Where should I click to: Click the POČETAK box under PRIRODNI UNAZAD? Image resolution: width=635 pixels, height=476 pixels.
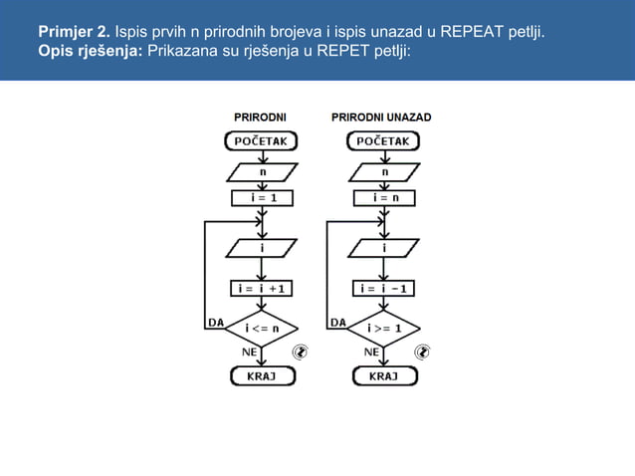[383, 141]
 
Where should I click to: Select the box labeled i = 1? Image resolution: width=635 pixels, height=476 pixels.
[261, 197]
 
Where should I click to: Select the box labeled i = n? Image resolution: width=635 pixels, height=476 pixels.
[384, 197]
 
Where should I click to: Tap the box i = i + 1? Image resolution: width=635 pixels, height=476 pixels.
[261, 289]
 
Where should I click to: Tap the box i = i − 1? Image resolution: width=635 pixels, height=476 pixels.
[384, 289]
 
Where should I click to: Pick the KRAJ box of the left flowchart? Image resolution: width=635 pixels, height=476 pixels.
[262, 376]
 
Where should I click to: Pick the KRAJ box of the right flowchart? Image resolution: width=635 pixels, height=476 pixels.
[384, 376]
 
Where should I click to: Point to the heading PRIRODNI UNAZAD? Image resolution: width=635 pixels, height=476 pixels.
[381, 118]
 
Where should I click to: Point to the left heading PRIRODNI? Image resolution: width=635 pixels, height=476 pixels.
[260, 118]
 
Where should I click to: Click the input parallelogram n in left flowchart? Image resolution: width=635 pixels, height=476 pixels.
[262, 170]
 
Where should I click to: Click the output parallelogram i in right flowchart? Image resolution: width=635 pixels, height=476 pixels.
[384, 245]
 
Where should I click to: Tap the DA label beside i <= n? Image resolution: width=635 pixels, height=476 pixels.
[215, 322]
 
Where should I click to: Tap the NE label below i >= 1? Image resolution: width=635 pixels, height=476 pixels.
[371, 352]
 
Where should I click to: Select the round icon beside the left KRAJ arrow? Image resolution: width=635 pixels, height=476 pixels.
[301, 352]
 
